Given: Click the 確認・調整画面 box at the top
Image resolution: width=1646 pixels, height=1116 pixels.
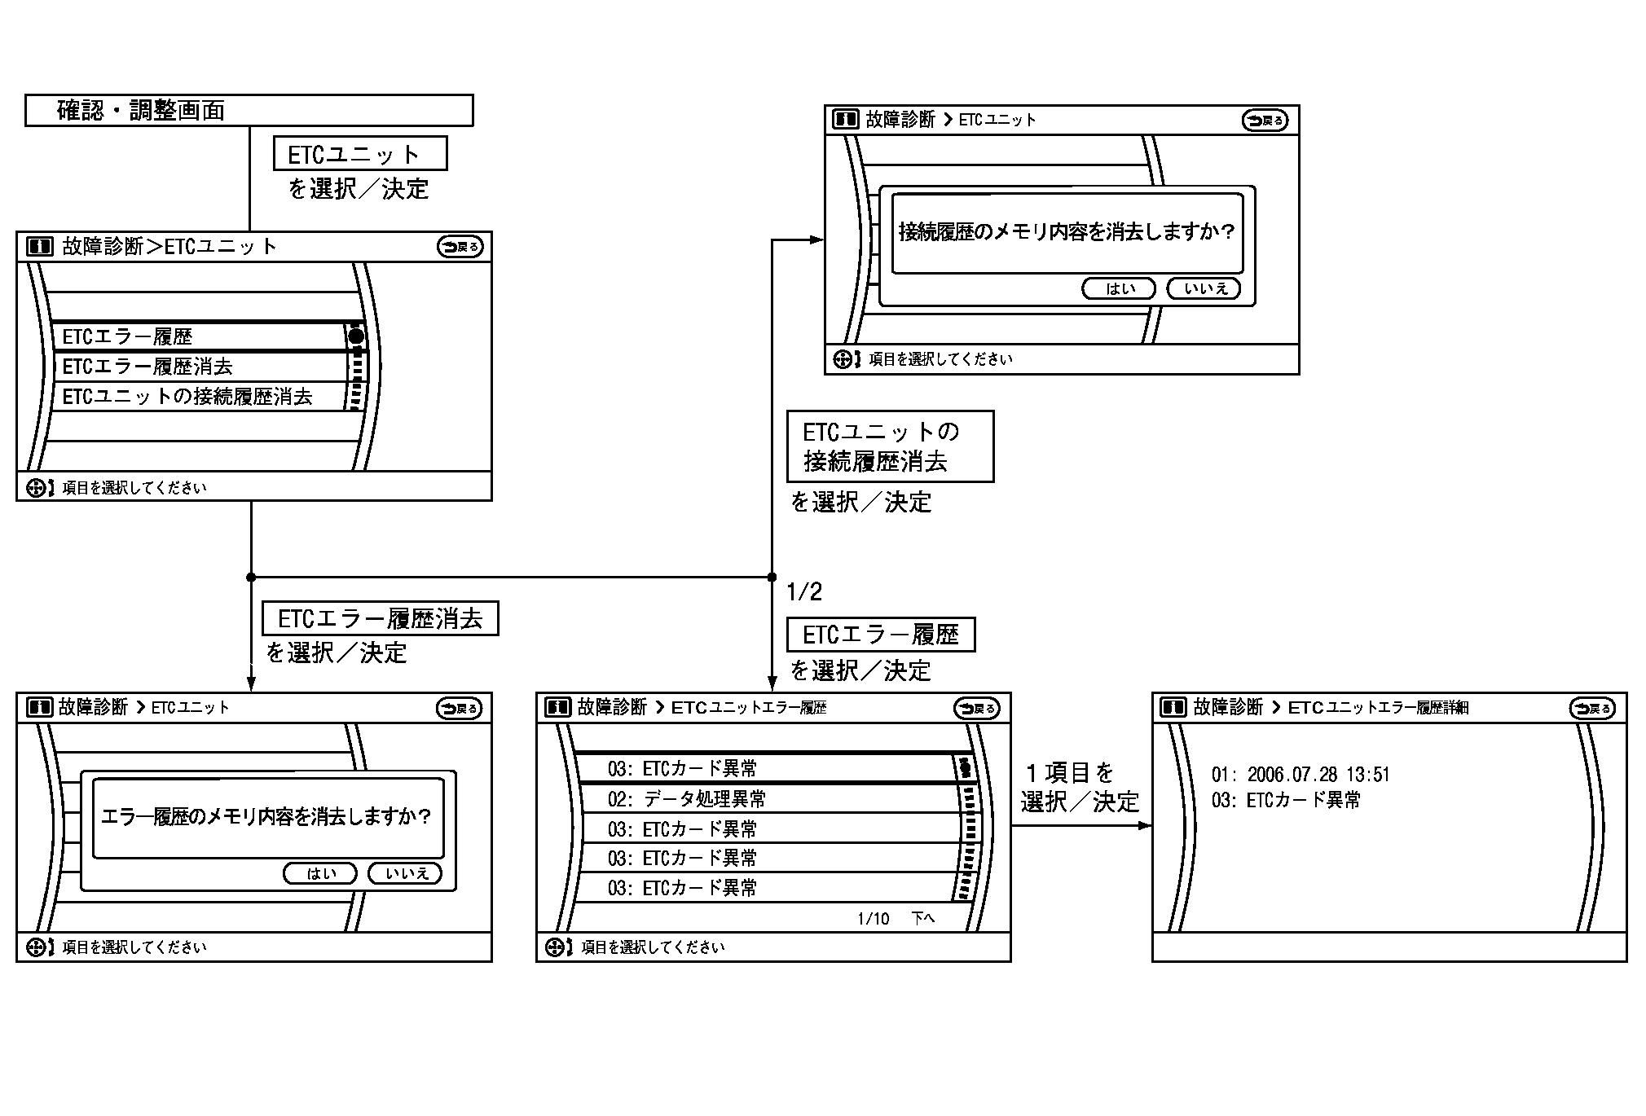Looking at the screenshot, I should (x=249, y=111).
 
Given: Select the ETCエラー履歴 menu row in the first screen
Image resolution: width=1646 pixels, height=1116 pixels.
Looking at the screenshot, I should (x=200, y=336).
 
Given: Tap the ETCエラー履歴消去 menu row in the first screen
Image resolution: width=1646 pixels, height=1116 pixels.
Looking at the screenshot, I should (x=200, y=367).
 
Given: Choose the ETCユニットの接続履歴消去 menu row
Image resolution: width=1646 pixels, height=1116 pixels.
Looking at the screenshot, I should (x=200, y=397).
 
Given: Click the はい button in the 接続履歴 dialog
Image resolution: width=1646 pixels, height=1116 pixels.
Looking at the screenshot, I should (x=1119, y=288).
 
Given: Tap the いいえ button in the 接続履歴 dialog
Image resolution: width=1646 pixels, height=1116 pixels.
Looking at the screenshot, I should (x=1204, y=288).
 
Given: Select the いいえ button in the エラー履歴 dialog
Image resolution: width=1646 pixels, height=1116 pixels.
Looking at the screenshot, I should (x=405, y=873).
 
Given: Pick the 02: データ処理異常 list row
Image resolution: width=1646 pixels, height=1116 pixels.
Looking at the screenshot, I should (x=766, y=798).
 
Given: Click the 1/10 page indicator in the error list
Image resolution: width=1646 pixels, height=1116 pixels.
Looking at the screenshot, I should (x=873, y=919).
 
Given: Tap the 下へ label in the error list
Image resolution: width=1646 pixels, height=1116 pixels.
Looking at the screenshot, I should (x=922, y=919).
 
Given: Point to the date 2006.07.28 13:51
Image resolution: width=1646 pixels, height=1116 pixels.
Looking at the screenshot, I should (x=1318, y=774).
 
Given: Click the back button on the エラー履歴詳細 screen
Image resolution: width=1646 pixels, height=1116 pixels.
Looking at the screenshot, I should (x=1591, y=708).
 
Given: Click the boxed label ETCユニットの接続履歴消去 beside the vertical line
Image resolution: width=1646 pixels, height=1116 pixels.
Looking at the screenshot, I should (x=890, y=446).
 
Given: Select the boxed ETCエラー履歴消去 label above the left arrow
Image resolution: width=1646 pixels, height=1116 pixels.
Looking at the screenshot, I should (x=380, y=619).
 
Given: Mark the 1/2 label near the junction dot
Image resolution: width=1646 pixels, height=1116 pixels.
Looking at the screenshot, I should (x=804, y=592).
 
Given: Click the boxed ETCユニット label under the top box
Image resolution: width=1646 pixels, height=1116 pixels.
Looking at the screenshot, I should (x=360, y=154).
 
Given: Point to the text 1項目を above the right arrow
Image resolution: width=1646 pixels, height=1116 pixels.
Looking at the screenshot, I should (x=1069, y=772).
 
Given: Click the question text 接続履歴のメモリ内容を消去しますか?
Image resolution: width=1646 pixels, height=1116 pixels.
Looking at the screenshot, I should (x=1067, y=232).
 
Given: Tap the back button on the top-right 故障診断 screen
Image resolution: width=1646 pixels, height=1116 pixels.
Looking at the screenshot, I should (x=1265, y=121).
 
